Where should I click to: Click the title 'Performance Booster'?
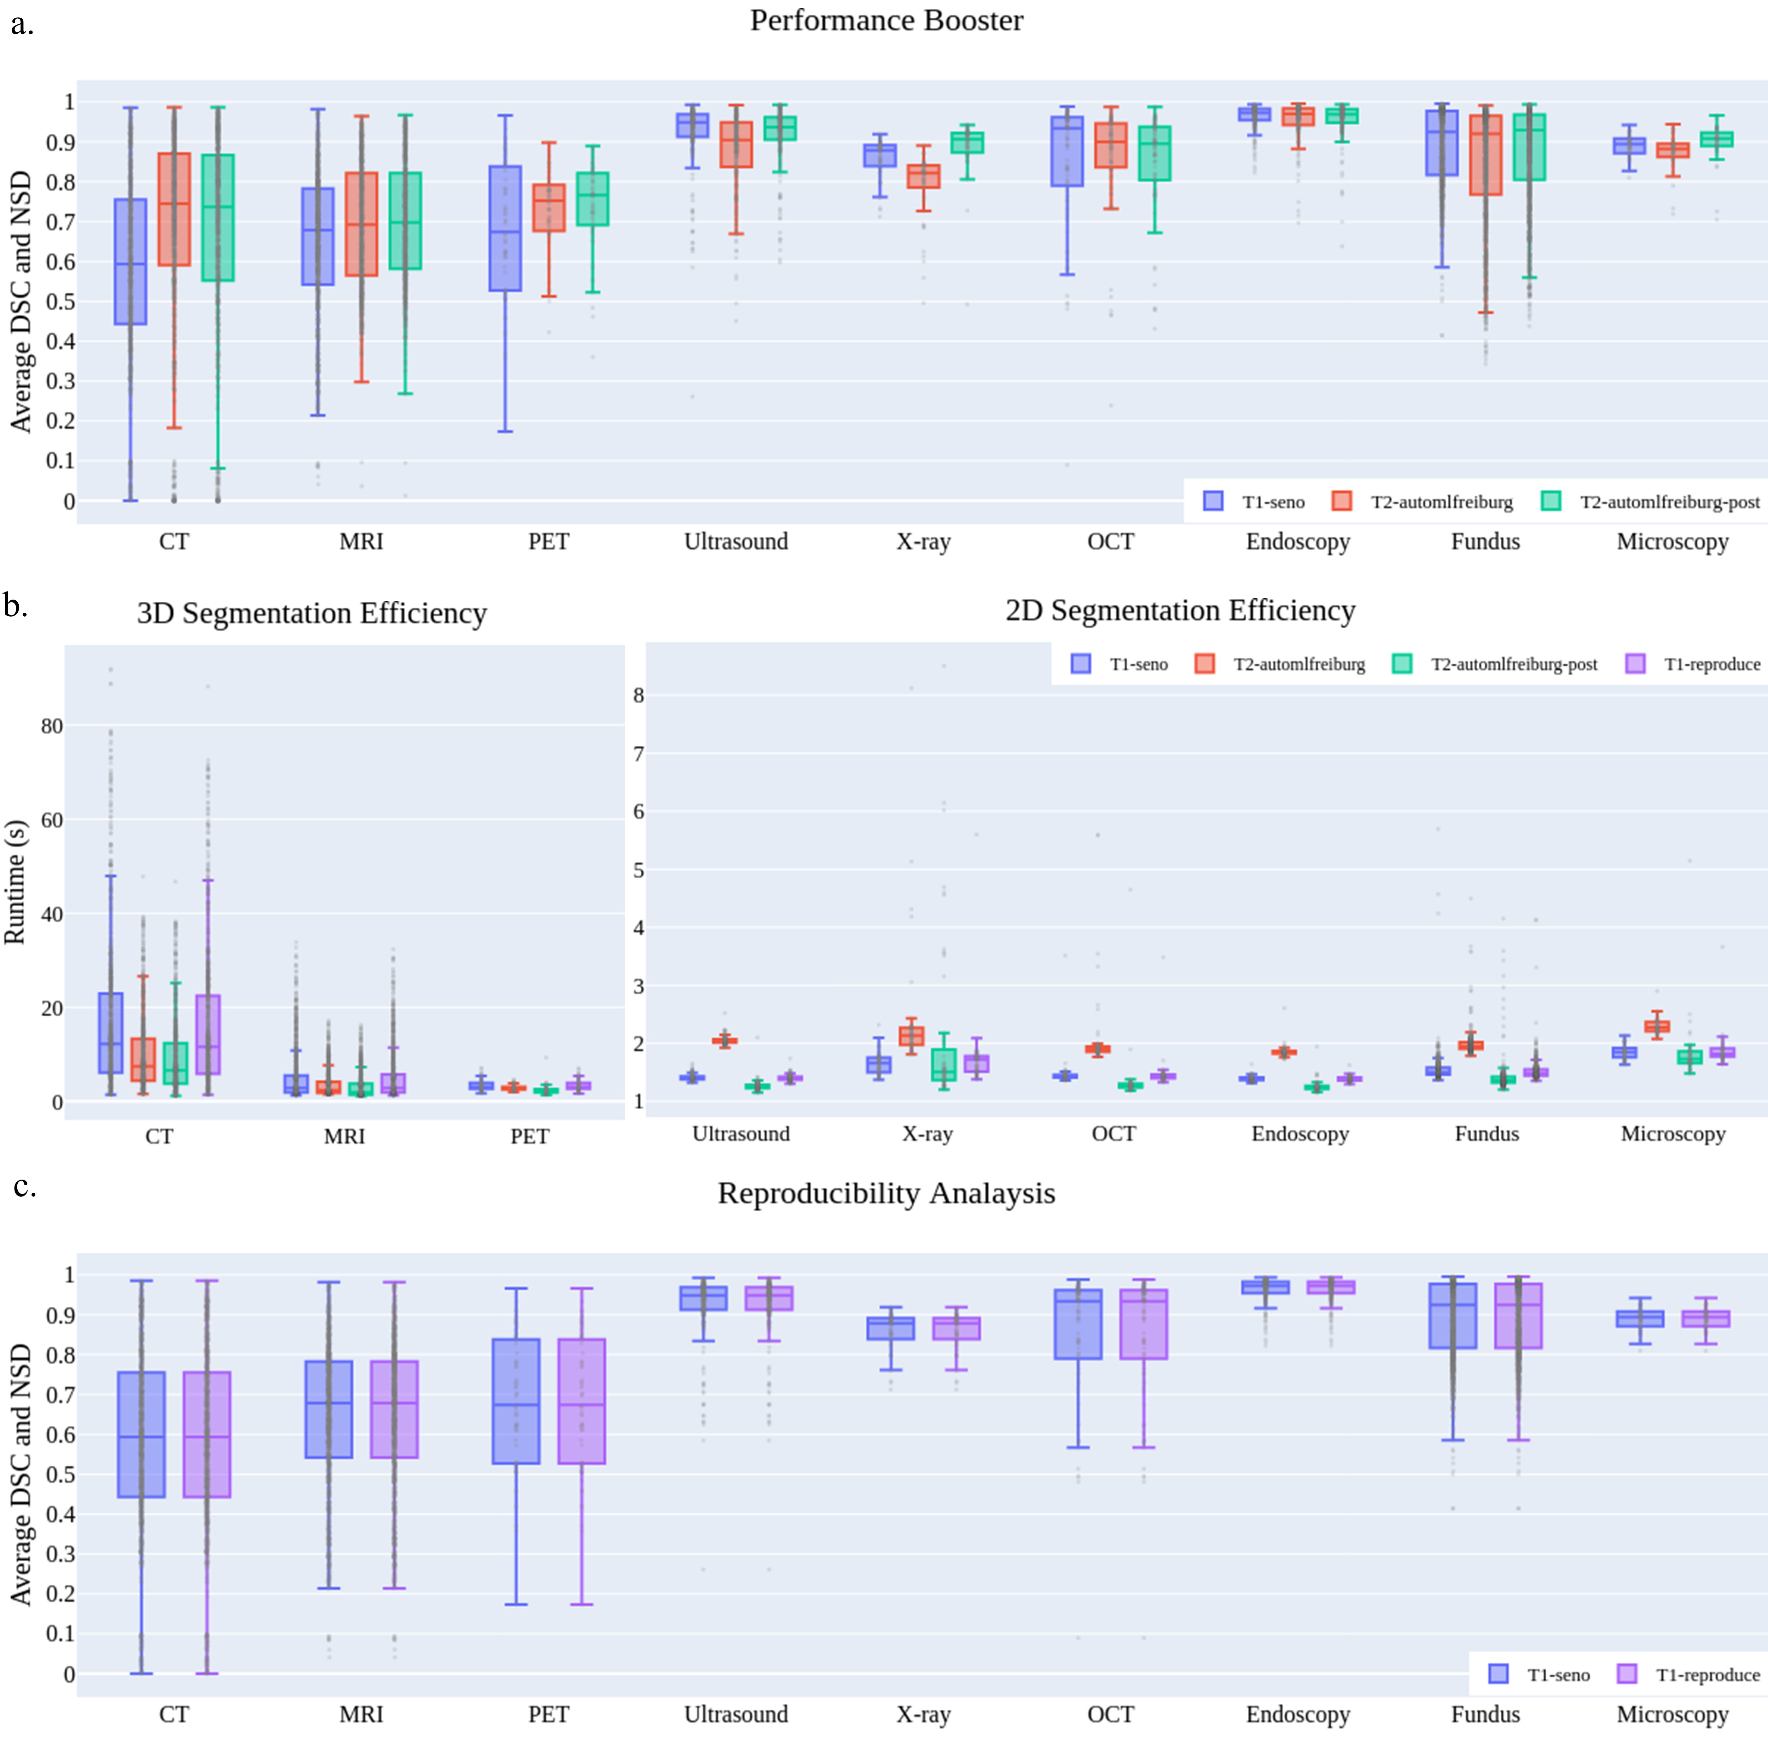(886, 20)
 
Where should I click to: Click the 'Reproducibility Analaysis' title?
(886, 1193)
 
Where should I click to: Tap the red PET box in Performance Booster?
(549, 207)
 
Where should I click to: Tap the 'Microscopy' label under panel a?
(1672, 541)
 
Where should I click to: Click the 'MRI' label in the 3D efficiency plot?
(344, 1136)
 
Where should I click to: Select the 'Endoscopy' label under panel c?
(1298, 1714)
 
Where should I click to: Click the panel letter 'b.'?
(16, 606)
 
